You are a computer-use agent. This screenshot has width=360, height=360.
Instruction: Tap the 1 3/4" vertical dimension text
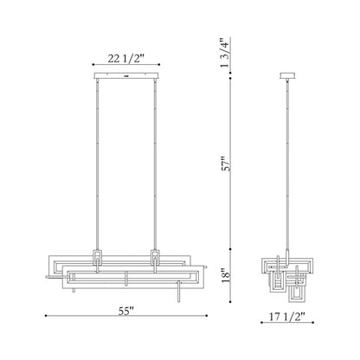point(226,55)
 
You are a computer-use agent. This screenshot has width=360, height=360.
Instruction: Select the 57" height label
point(226,164)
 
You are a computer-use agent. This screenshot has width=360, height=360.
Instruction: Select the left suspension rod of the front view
point(98,164)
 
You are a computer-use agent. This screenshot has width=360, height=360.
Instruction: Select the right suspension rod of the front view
point(157,164)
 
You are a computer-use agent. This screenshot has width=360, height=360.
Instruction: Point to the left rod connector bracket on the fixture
point(98,257)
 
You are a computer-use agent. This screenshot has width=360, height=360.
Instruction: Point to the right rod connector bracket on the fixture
point(157,257)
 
